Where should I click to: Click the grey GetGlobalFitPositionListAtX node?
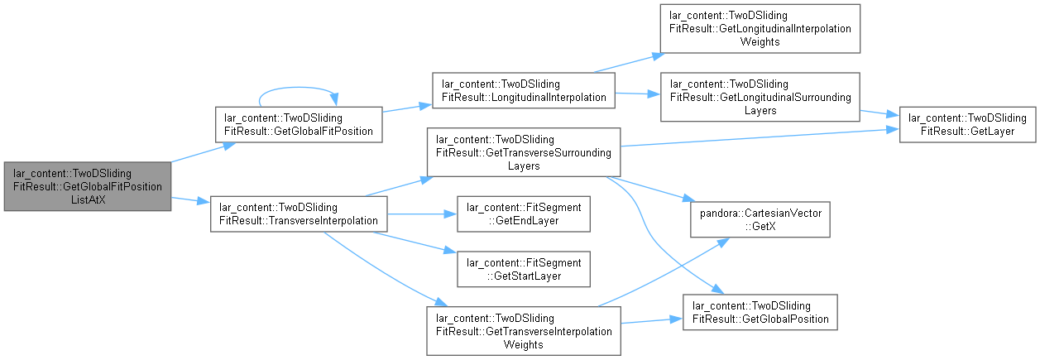pyautogui.click(x=88, y=186)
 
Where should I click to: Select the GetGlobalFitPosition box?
pyautogui.click(x=299, y=124)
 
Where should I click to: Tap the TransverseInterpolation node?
pyautogui.click(x=299, y=214)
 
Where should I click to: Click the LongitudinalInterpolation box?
pyautogui.click(x=524, y=90)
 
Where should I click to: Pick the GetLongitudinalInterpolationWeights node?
pyautogui.click(x=760, y=29)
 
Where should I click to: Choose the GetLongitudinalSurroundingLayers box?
pyautogui.click(x=760, y=97)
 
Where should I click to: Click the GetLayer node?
pyautogui.click(x=967, y=124)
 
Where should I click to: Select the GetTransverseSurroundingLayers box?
pyautogui.click(x=524, y=152)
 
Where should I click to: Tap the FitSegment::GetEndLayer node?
pyautogui.click(x=524, y=214)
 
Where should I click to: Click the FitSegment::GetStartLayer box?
pyautogui.click(x=524, y=270)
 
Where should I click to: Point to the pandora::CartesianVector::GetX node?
pyautogui.click(x=760, y=219)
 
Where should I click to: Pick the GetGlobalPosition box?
pyautogui.click(x=760, y=312)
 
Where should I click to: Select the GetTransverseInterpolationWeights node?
pyautogui.click(x=524, y=331)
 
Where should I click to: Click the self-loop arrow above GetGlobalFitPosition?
pyautogui.click(x=297, y=88)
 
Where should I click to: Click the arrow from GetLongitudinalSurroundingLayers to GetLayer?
pyautogui.click(x=879, y=113)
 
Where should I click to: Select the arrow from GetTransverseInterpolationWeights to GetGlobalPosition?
pyautogui.click(x=651, y=320)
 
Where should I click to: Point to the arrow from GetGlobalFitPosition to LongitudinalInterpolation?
pyautogui.click(x=407, y=108)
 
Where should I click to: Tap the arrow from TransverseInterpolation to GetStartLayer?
pyautogui.click(x=415, y=242)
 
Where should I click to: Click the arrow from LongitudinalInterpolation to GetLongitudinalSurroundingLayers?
pyautogui.click(x=637, y=94)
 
